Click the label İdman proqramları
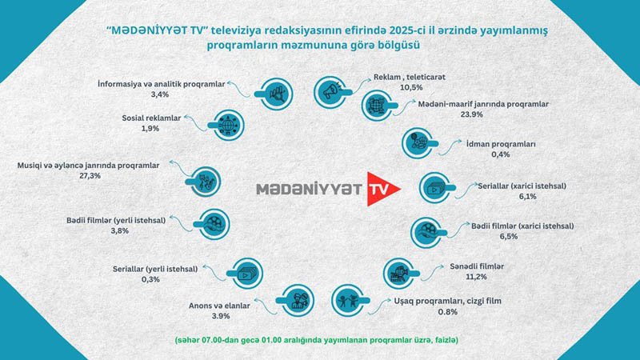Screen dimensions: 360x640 [489, 144]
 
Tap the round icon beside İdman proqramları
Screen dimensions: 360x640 [416, 142]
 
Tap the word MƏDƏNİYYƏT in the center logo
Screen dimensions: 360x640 [309, 190]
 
